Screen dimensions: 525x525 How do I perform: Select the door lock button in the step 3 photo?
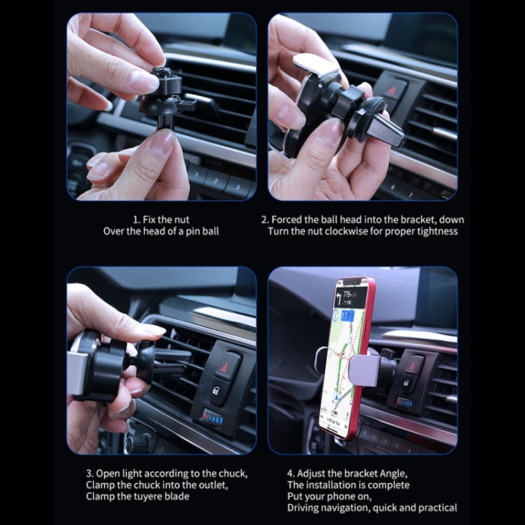pos(223,390)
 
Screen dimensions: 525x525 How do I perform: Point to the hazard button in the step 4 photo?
pos(414,363)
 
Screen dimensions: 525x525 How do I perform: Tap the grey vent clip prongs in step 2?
pos(383,128)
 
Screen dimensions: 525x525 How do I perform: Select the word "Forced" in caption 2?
pos(287,219)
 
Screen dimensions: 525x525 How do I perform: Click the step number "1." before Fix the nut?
pos(137,219)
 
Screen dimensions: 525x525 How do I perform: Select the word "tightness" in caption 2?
pos(437,231)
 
